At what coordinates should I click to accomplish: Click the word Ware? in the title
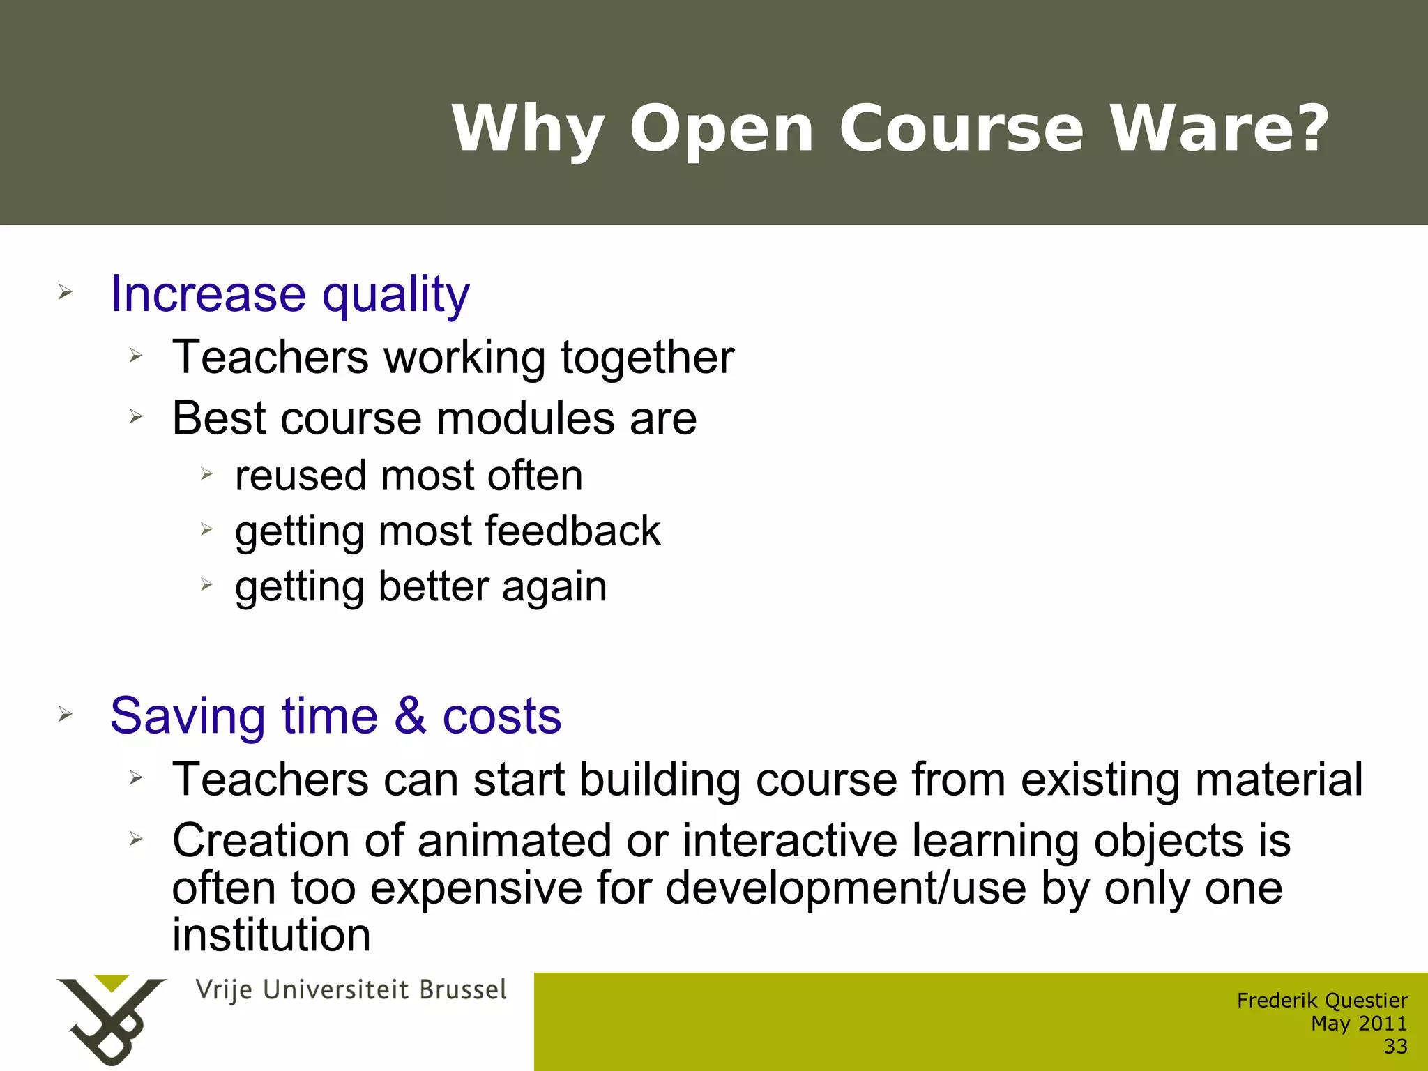tap(1220, 128)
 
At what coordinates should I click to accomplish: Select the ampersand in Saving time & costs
tap(410, 715)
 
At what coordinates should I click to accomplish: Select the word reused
tap(301, 476)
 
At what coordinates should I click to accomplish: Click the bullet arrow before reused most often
tap(206, 474)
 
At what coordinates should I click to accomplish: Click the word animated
tap(515, 841)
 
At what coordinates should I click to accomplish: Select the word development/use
tap(845, 888)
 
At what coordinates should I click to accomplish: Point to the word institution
tap(271, 936)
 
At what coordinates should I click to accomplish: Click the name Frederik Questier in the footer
tap(1322, 1001)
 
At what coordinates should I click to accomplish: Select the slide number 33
tap(1395, 1047)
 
